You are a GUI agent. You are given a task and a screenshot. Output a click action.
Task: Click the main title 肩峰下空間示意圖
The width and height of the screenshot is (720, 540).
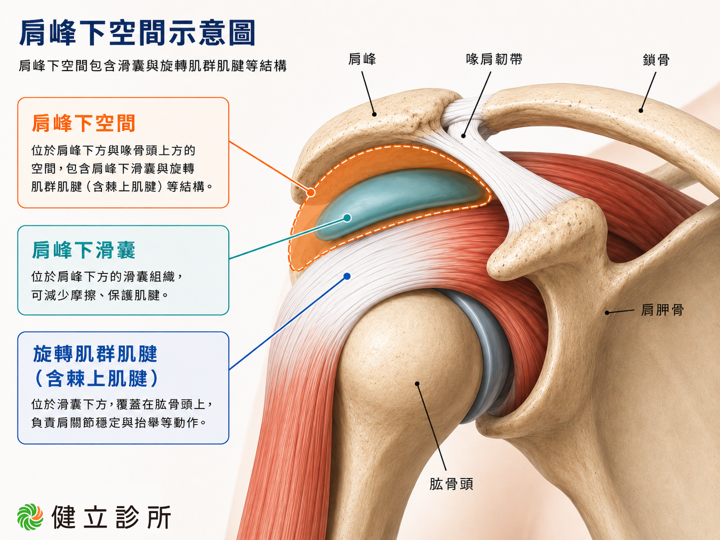pyautogui.click(x=137, y=33)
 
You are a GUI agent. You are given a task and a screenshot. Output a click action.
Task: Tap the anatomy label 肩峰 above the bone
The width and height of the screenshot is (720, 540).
pyautogui.click(x=362, y=59)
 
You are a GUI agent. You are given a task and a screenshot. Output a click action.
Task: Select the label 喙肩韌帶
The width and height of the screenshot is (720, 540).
pyautogui.click(x=494, y=59)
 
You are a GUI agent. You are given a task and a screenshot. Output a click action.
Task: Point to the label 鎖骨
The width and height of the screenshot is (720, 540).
pyautogui.click(x=656, y=60)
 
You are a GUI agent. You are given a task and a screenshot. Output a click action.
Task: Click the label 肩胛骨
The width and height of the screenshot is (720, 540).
pyautogui.click(x=662, y=310)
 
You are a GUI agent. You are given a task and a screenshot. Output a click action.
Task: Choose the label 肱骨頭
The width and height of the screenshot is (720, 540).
pyautogui.click(x=451, y=484)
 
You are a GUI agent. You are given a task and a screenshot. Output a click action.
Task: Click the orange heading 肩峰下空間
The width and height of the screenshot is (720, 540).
pyautogui.click(x=84, y=123)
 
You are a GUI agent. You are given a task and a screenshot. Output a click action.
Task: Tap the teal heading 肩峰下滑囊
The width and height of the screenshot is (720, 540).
pyautogui.click(x=84, y=250)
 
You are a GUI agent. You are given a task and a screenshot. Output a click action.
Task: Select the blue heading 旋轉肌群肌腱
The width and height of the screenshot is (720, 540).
pyautogui.click(x=95, y=354)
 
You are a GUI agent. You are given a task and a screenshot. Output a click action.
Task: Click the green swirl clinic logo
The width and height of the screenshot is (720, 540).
pyautogui.click(x=30, y=517)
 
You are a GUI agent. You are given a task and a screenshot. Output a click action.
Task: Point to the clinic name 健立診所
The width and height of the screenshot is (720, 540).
pyautogui.click(x=111, y=517)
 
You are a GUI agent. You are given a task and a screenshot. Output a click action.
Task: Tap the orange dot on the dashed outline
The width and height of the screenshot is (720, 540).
pyautogui.click(x=311, y=192)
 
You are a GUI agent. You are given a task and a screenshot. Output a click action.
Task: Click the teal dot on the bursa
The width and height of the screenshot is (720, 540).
pyautogui.click(x=347, y=218)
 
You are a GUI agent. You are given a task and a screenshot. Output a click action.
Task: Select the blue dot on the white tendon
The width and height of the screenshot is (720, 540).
pyautogui.click(x=347, y=276)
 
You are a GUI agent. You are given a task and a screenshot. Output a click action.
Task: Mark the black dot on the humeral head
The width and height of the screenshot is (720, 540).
pyautogui.click(x=417, y=383)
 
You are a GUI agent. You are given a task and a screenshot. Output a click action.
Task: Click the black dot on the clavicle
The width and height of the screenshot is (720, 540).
pyautogui.click(x=641, y=110)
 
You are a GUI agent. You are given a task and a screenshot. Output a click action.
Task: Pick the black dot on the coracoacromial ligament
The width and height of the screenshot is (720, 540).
pyautogui.click(x=463, y=136)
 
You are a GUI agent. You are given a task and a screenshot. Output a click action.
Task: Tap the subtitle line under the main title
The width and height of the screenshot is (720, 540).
pyautogui.click(x=153, y=66)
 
